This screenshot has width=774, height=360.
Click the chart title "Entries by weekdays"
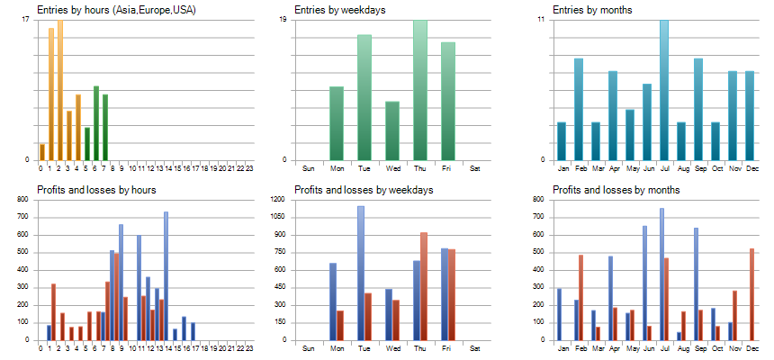click(340, 10)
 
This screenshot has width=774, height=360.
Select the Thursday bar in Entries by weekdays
click(420, 90)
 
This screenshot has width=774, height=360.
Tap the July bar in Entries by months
click(664, 90)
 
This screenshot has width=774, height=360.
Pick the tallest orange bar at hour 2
click(60, 90)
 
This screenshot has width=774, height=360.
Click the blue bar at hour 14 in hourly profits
click(166, 276)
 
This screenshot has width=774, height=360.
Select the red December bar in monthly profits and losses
click(751, 294)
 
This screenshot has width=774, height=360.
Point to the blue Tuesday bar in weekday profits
click(361, 273)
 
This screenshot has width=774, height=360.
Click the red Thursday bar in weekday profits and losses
click(424, 286)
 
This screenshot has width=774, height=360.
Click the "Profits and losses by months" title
click(616, 190)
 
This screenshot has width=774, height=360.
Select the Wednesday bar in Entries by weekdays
click(392, 130)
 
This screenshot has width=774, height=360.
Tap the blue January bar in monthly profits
click(559, 315)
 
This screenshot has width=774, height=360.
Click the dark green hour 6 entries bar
click(96, 123)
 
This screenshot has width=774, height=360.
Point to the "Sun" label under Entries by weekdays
click(308, 168)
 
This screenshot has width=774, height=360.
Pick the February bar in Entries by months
click(579, 109)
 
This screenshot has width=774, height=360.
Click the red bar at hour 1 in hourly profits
click(53, 312)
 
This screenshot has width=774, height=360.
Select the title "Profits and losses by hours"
click(97, 190)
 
